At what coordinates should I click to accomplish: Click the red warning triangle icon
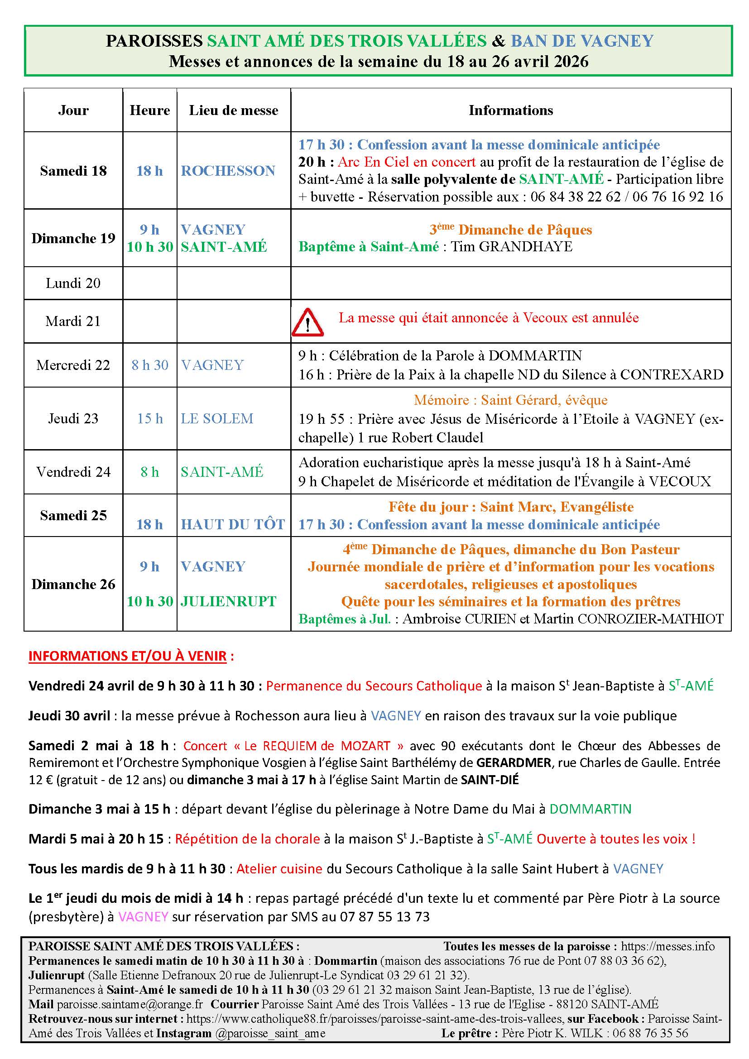307,322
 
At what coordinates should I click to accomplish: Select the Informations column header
510,110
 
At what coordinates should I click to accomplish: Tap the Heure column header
150,110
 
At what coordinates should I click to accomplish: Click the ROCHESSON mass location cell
228,171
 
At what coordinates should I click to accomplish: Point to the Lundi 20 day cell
73,283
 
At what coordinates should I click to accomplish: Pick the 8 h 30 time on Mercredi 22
150,365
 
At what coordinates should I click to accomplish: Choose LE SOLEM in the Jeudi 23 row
217,418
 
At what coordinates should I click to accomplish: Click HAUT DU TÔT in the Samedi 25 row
233,524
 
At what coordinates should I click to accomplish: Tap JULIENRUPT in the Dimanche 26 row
228,601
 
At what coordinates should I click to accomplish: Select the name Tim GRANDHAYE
511,247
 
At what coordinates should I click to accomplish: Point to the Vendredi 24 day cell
73,472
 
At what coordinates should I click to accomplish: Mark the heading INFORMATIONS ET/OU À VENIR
127,656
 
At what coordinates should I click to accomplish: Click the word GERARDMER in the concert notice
514,762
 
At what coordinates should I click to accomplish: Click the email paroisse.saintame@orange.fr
130,1004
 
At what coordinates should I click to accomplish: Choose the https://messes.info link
667,946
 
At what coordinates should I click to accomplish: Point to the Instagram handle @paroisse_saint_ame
270,1033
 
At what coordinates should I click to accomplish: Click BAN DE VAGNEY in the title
582,41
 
